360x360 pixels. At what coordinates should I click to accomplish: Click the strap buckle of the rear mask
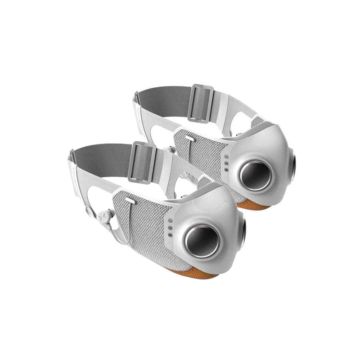[x=201, y=103]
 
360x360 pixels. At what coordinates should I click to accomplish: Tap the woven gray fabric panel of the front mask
[x=144, y=225]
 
